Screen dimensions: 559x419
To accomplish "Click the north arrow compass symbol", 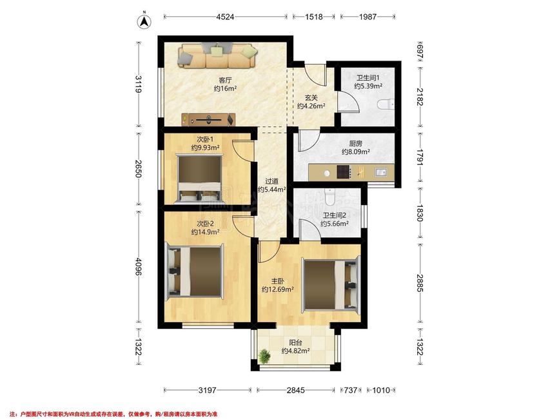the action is [144, 21].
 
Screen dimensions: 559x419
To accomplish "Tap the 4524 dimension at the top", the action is [225, 17].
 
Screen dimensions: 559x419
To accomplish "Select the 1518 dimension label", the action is [314, 17].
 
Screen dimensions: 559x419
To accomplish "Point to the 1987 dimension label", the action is [368, 17].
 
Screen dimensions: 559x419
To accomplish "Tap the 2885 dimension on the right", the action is [420, 283].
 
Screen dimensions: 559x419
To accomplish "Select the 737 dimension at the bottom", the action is [351, 390].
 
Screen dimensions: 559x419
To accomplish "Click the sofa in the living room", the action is [217, 55].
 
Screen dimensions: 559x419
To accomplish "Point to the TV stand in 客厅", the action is [208, 120].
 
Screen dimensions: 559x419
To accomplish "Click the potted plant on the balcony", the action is [264, 356].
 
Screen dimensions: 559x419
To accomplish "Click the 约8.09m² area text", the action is [355, 152].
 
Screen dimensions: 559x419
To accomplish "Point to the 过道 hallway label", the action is [271, 181].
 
